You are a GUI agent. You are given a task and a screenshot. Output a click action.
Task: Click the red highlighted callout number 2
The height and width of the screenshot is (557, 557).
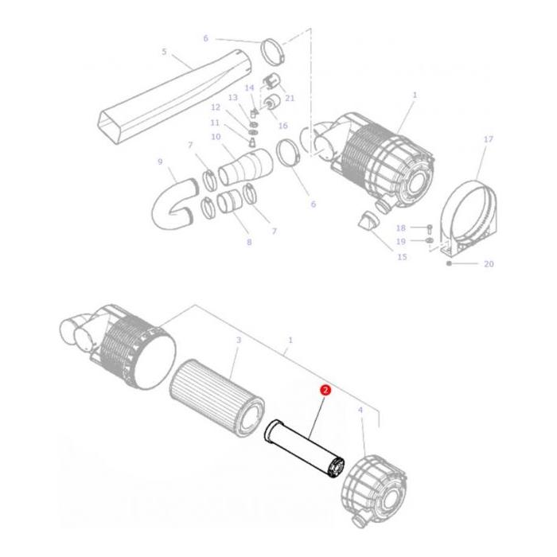click(325, 390)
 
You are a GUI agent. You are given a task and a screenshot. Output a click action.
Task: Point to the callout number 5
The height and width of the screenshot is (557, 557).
click(164, 52)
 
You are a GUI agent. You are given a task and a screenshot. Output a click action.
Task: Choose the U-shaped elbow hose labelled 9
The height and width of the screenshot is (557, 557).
click(169, 206)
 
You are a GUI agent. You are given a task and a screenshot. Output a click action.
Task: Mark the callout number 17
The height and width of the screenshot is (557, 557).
click(489, 139)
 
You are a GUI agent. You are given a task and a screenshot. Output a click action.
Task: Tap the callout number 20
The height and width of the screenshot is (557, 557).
click(489, 263)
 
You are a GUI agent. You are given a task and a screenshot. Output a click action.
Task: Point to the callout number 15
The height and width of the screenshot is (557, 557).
click(402, 256)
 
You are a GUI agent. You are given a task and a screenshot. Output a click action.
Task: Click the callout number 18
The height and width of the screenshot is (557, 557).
click(401, 228)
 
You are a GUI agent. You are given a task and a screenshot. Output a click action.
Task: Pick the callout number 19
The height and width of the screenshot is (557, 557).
click(401, 241)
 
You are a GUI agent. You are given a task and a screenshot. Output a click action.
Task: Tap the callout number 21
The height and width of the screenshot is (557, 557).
click(290, 98)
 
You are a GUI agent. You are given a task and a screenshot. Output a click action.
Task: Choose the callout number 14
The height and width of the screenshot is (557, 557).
click(249, 88)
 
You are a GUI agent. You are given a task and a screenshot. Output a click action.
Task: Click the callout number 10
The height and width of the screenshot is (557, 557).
click(216, 137)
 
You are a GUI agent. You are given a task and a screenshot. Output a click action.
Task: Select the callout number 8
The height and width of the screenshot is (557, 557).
click(249, 242)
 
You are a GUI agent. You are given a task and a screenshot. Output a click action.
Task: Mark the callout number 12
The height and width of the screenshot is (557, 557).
click(216, 107)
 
